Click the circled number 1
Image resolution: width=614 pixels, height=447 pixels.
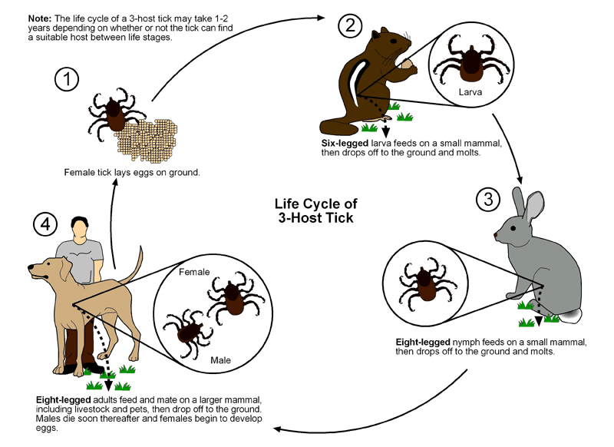[67, 79]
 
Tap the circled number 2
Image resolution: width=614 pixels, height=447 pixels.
[350, 26]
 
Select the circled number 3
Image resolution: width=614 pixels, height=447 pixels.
[488, 199]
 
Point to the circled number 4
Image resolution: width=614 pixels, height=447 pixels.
[45, 224]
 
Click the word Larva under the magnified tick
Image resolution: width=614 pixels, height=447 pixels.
[470, 92]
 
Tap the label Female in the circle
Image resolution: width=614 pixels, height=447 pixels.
[194, 272]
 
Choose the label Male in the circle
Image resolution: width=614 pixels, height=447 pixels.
[220, 360]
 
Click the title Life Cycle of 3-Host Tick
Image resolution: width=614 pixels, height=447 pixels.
[315, 210]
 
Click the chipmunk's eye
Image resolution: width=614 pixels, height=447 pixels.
[393, 41]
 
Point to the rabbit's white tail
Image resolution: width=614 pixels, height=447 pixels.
[572, 316]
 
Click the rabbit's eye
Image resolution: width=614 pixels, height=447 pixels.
[512, 228]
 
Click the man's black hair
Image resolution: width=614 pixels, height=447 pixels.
[80, 222]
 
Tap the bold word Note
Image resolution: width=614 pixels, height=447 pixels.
[40, 18]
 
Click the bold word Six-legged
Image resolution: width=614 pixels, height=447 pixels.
[345, 144]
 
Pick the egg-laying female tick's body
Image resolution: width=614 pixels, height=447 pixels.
[114, 114]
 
